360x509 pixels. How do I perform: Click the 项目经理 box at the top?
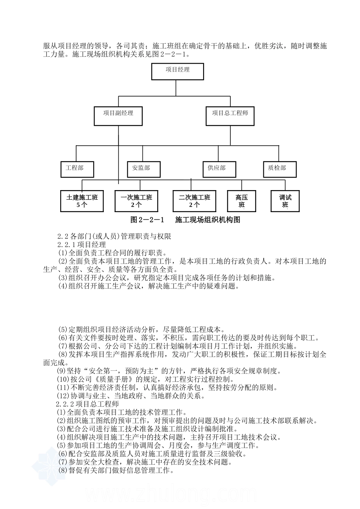tap(177, 72)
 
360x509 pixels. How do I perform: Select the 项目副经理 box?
tap(118, 116)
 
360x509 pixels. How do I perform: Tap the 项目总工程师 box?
tap(230, 116)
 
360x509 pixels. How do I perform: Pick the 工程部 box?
tap(77, 169)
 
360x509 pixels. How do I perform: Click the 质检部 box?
tap(280, 169)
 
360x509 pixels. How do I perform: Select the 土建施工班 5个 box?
tap(82, 201)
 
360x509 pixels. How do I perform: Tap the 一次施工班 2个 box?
tap(136, 201)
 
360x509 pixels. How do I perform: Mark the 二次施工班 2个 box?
tap(194, 201)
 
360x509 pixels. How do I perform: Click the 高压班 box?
tap(242, 201)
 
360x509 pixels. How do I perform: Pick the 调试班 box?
tap(285, 201)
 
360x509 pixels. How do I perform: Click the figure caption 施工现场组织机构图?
tap(208, 220)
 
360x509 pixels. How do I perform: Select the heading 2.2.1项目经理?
tap(81, 245)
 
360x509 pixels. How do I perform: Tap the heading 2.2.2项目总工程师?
tap(88, 404)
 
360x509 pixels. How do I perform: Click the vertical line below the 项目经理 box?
tap(176, 87)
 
